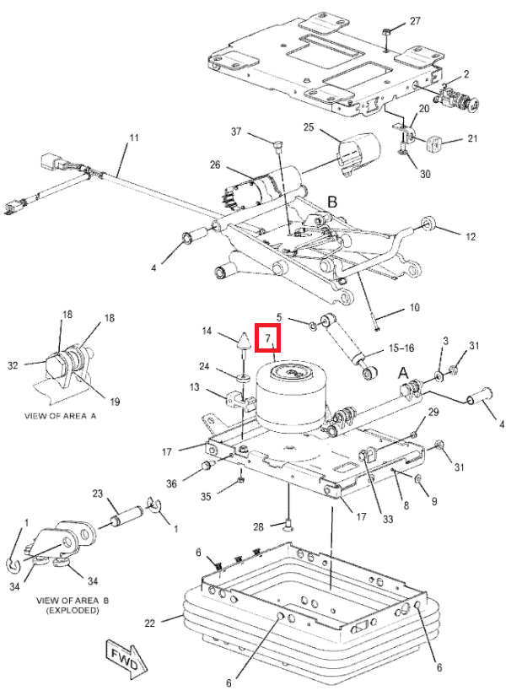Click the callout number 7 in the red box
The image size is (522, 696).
pyautogui.click(x=267, y=338)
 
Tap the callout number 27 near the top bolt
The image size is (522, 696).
pyautogui.click(x=414, y=20)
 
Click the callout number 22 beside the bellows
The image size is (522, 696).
pyautogui.click(x=149, y=623)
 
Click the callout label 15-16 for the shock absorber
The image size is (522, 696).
pyautogui.click(x=400, y=348)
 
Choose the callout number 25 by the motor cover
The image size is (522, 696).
pyautogui.click(x=309, y=127)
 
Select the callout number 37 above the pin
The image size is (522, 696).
pyautogui.click(x=237, y=132)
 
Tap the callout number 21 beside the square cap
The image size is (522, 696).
pyautogui.click(x=472, y=139)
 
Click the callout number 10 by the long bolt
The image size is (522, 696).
pyautogui.click(x=413, y=308)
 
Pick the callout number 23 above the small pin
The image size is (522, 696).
pyautogui.click(x=97, y=494)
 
